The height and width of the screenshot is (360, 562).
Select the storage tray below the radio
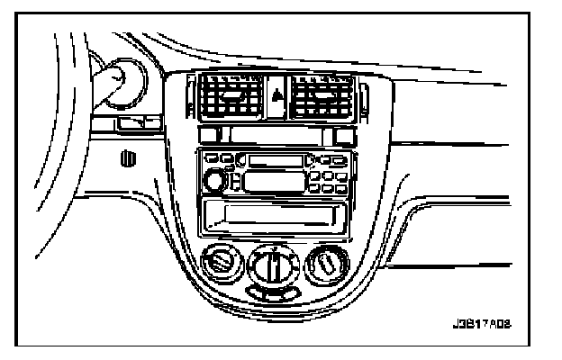click(x=273, y=216)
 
